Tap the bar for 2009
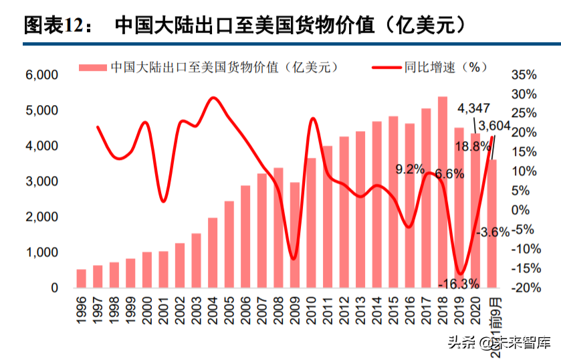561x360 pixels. click(x=294, y=235)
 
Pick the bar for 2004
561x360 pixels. click(x=213, y=252)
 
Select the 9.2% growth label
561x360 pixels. click(x=410, y=169)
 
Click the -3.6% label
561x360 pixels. click(x=493, y=232)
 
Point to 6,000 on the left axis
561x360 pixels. click(x=41, y=75)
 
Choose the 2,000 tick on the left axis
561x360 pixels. click(x=41, y=217)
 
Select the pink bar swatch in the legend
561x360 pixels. click(x=92, y=67)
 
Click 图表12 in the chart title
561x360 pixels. click(x=53, y=25)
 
